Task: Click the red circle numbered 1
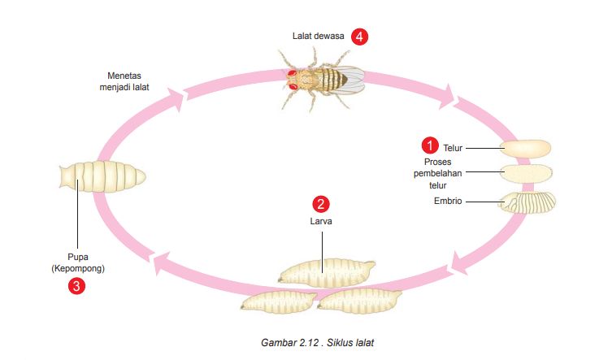tap(428, 146)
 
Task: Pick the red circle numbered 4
tap(360, 37)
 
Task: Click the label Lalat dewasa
tap(319, 37)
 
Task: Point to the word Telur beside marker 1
tap(453, 148)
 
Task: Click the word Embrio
tap(448, 201)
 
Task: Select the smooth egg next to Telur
tap(525, 148)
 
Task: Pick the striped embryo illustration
tap(528, 201)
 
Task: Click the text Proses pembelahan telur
tap(439, 173)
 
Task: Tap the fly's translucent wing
tap(351, 76)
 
